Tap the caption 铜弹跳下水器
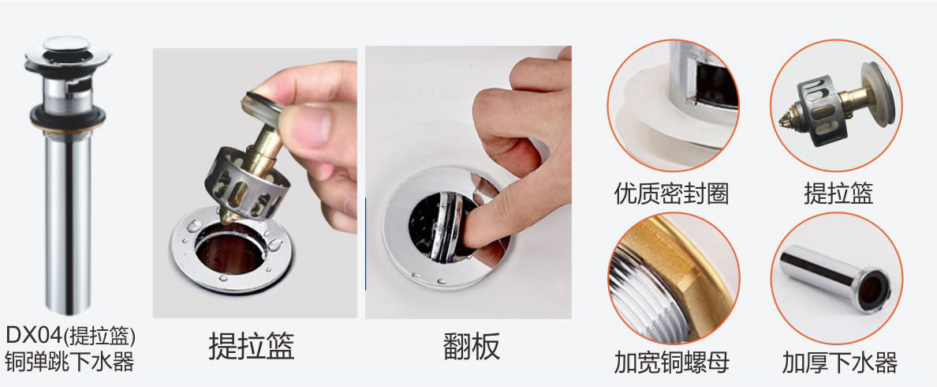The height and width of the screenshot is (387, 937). click(x=70, y=362)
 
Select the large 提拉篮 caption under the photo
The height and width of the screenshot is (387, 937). click(x=252, y=346)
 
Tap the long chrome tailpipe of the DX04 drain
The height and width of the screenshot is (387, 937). click(x=68, y=221)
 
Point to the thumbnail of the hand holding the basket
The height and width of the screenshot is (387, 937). click(x=256, y=182)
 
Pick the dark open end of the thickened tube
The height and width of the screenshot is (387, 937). click(x=873, y=290)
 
